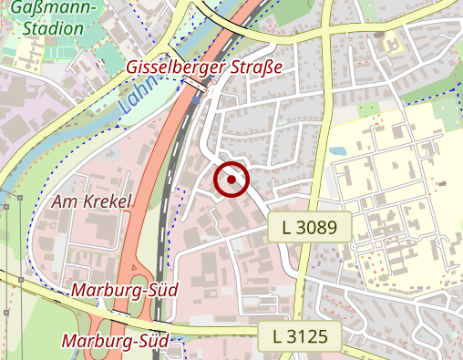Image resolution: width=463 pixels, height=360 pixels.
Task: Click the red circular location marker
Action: click(x=231, y=180)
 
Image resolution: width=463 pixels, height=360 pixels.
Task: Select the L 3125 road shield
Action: click(x=300, y=336)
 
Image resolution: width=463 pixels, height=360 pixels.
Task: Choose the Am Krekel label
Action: click(x=93, y=201)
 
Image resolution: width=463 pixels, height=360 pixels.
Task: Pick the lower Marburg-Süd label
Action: click(x=116, y=341)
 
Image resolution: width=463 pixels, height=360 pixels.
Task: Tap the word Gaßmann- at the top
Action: click(x=55, y=7)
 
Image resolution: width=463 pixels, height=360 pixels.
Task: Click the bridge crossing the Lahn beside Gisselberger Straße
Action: click(x=194, y=85)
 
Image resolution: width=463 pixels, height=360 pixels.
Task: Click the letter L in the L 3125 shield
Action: click(x=276, y=336)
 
